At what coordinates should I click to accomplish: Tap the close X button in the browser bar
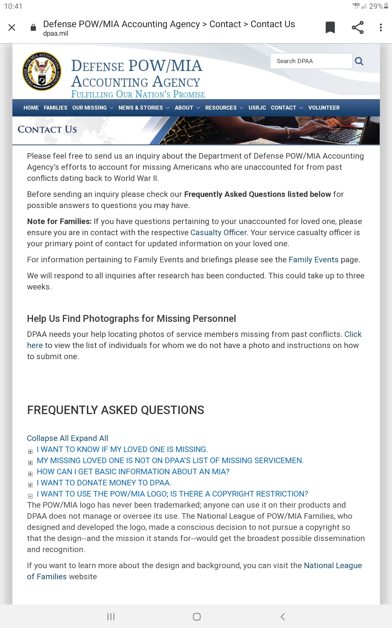12,27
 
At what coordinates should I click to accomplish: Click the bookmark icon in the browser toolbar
330,27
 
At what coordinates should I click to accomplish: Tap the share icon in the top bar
358,27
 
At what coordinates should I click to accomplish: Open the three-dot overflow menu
381,27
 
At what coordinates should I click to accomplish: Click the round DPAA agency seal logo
42,71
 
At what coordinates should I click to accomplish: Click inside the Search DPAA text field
311,61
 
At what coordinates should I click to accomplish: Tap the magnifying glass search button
359,61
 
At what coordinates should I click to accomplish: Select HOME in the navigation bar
31,108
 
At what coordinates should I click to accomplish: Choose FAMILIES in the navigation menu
56,108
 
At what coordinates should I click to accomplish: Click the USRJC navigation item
257,108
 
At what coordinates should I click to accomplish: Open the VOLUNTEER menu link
324,108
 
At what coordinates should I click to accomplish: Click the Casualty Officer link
219,233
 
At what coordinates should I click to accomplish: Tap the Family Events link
313,260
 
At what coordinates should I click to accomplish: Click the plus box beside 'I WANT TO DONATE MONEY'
30,485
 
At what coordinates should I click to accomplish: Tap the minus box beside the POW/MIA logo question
30,496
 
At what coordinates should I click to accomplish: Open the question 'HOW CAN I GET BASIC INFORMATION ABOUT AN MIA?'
133,472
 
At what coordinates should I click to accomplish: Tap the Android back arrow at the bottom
283,617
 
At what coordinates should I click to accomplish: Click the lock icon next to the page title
33,27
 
